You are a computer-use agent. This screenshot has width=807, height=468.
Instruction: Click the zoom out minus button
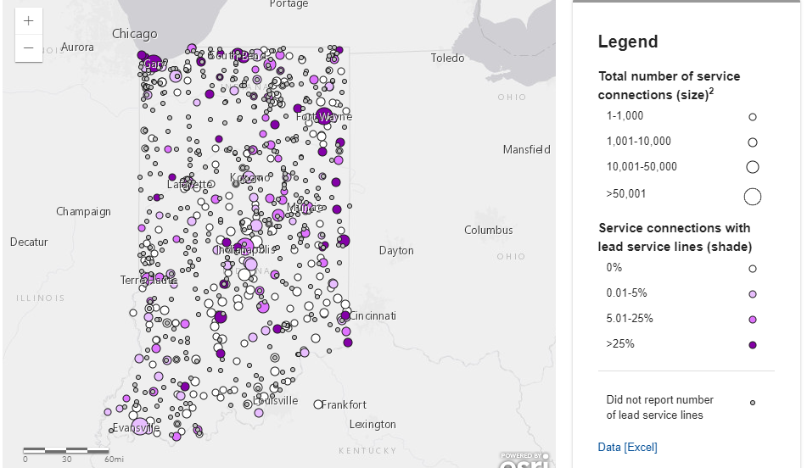pyautogui.click(x=29, y=47)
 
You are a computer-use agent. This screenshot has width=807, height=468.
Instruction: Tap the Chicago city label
pyautogui.click(x=135, y=34)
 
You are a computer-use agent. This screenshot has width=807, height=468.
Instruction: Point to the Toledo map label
pyautogui.click(x=447, y=58)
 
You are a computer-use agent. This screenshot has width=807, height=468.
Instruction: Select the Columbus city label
pyautogui.click(x=488, y=230)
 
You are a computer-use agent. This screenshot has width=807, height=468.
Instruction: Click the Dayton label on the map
pyautogui.click(x=396, y=250)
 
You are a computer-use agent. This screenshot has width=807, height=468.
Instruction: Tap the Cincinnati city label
pyautogui.click(x=373, y=315)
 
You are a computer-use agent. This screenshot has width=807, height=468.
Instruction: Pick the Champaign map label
pyautogui.click(x=84, y=211)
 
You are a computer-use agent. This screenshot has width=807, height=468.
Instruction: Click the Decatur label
pyautogui.click(x=29, y=242)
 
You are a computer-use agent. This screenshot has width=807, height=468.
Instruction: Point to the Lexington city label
pyautogui.click(x=373, y=424)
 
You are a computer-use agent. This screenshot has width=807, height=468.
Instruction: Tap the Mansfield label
pyautogui.click(x=526, y=149)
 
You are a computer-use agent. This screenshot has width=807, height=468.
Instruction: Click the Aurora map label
pyautogui.click(x=77, y=47)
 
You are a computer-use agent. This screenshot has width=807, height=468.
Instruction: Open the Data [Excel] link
pyautogui.click(x=627, y=447)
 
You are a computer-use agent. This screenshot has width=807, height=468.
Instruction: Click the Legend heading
pyautogui.click(x=627, y=42)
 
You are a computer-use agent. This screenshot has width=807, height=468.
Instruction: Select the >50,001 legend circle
pyautogui.click(x=752, y=197)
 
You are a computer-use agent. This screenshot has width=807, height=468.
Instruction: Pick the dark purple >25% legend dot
pyautogui.click(x=752, y=345)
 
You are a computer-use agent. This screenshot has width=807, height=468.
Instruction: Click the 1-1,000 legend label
pyautogui.click(x=625, y=116)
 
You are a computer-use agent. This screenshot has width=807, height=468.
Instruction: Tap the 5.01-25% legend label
pyautogui.click(x=630, y=318)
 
